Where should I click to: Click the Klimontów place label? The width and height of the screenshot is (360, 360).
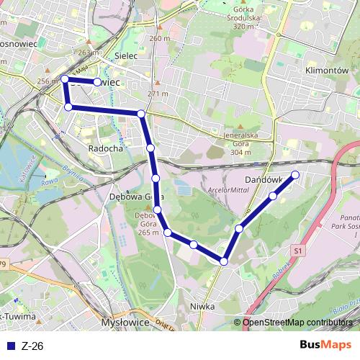click(x=326, y=72)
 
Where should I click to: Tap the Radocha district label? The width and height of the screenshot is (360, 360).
click(x=105, y=147)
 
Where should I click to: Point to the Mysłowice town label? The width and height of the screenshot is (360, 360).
click(x=125, y=323)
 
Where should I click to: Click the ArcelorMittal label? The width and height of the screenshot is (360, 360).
click(x=227, y=190)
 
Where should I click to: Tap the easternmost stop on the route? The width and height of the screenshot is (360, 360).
click(x=294, y=175)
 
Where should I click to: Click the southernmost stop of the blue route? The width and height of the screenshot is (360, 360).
click(x=224, y=261)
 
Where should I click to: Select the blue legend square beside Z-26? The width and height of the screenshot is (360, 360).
click(x=12, y=346)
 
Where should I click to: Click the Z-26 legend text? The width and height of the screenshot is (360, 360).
click(x=33, y=346)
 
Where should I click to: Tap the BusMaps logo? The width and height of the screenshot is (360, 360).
click(x=325, y=345)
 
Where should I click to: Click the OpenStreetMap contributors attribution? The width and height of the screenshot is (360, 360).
click(x=297, y=322)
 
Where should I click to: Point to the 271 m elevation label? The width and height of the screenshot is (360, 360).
click(x=158, y=94)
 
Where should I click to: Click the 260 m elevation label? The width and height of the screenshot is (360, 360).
click(x=160, y=38)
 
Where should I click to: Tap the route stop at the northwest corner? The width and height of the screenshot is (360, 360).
click(x=65, y=78)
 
